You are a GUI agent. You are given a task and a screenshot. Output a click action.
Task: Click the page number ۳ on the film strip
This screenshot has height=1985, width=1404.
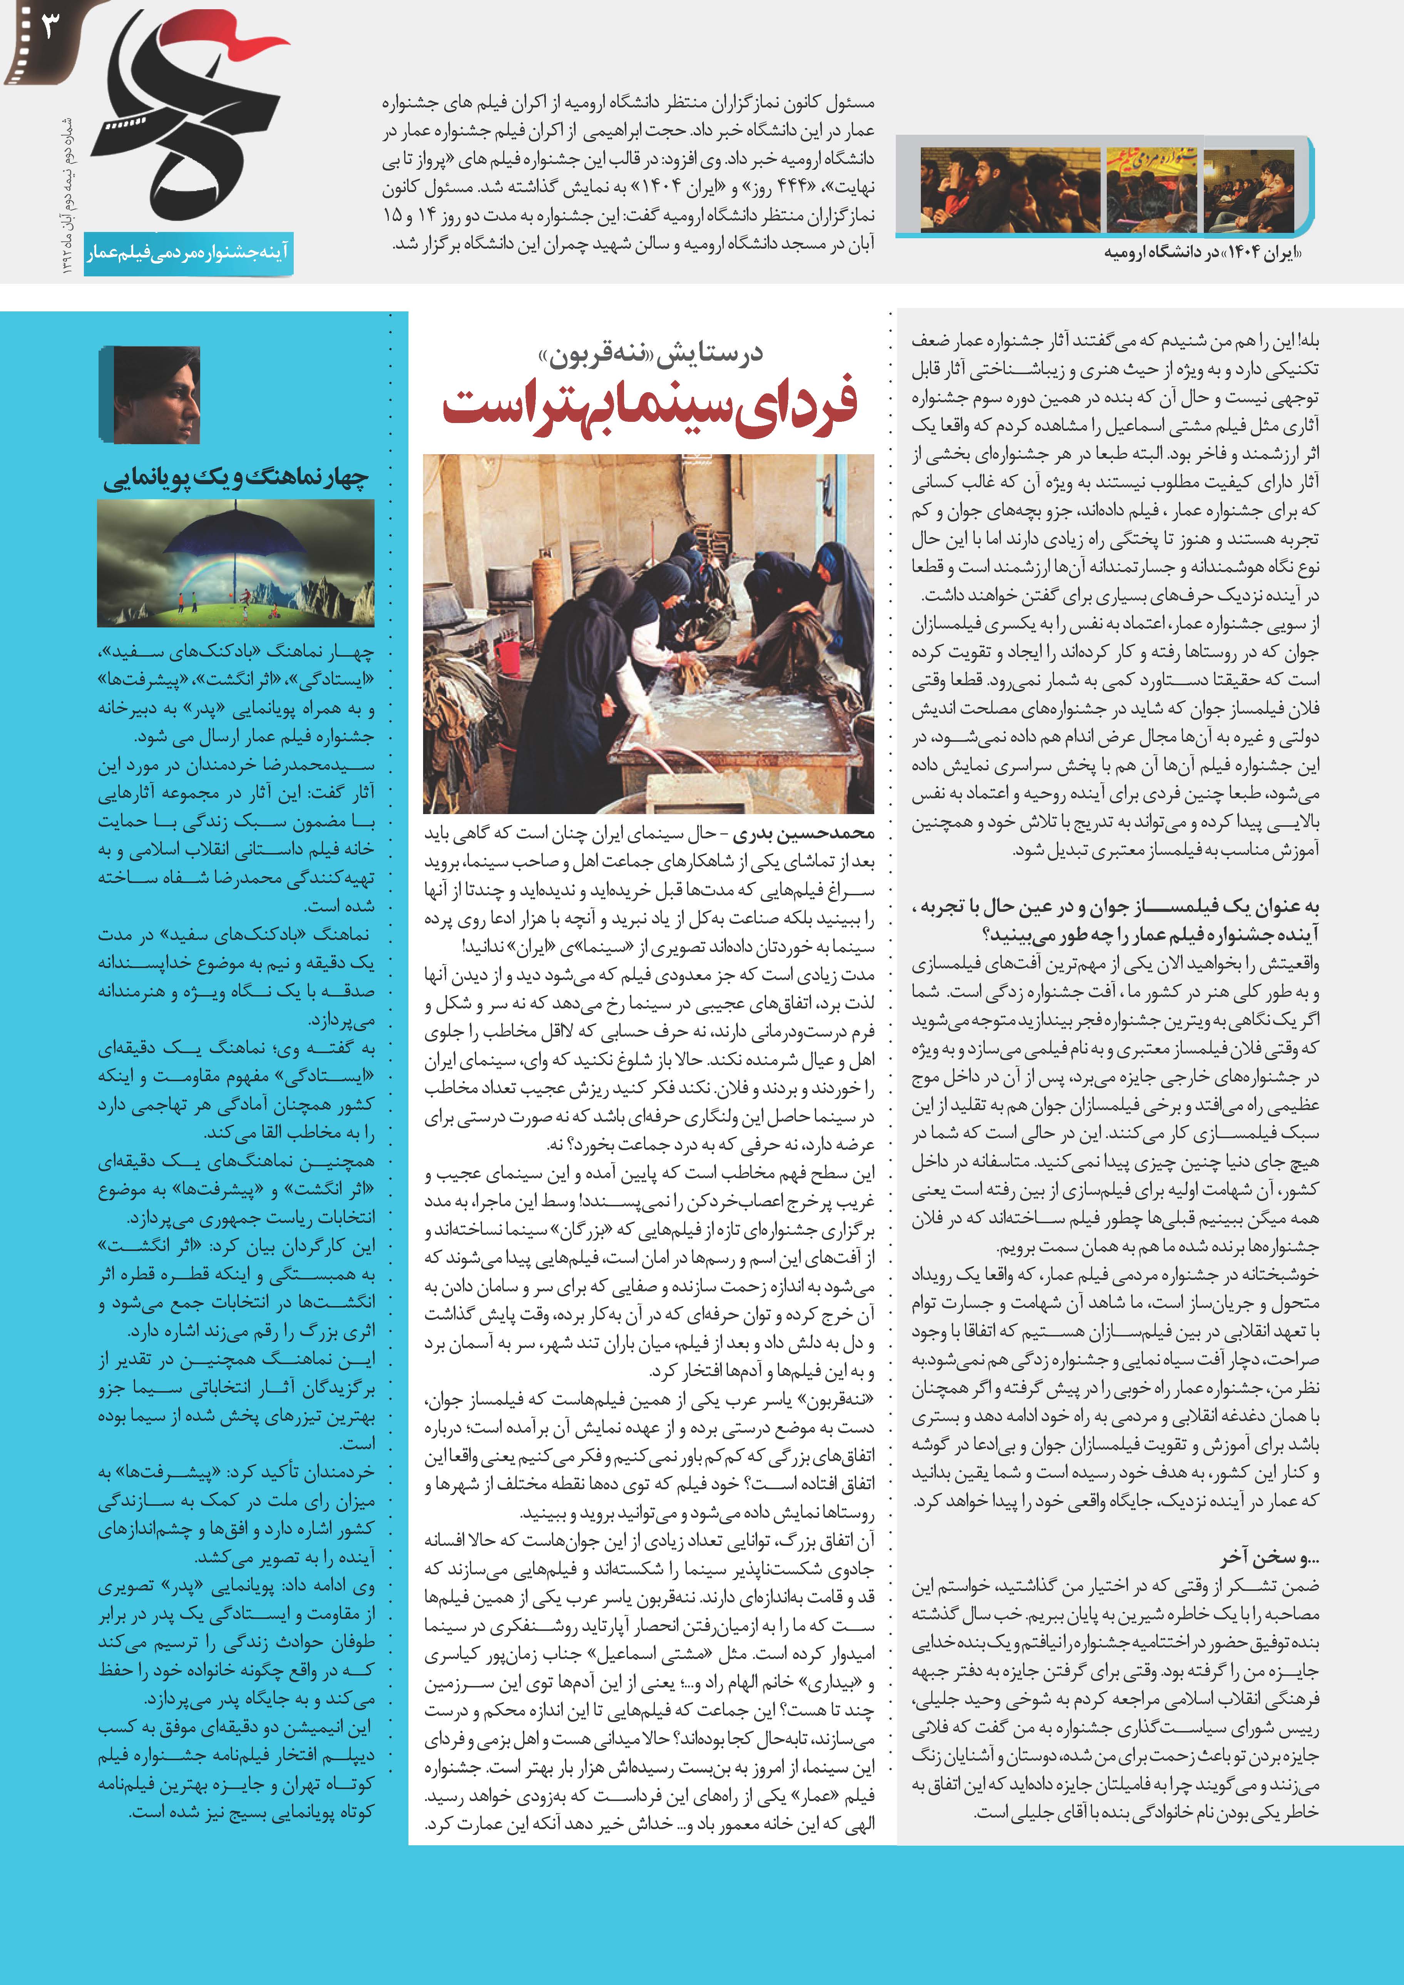click(48, 28)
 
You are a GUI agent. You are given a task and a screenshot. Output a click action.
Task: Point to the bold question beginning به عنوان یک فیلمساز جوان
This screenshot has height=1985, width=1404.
click(1115, 920)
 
